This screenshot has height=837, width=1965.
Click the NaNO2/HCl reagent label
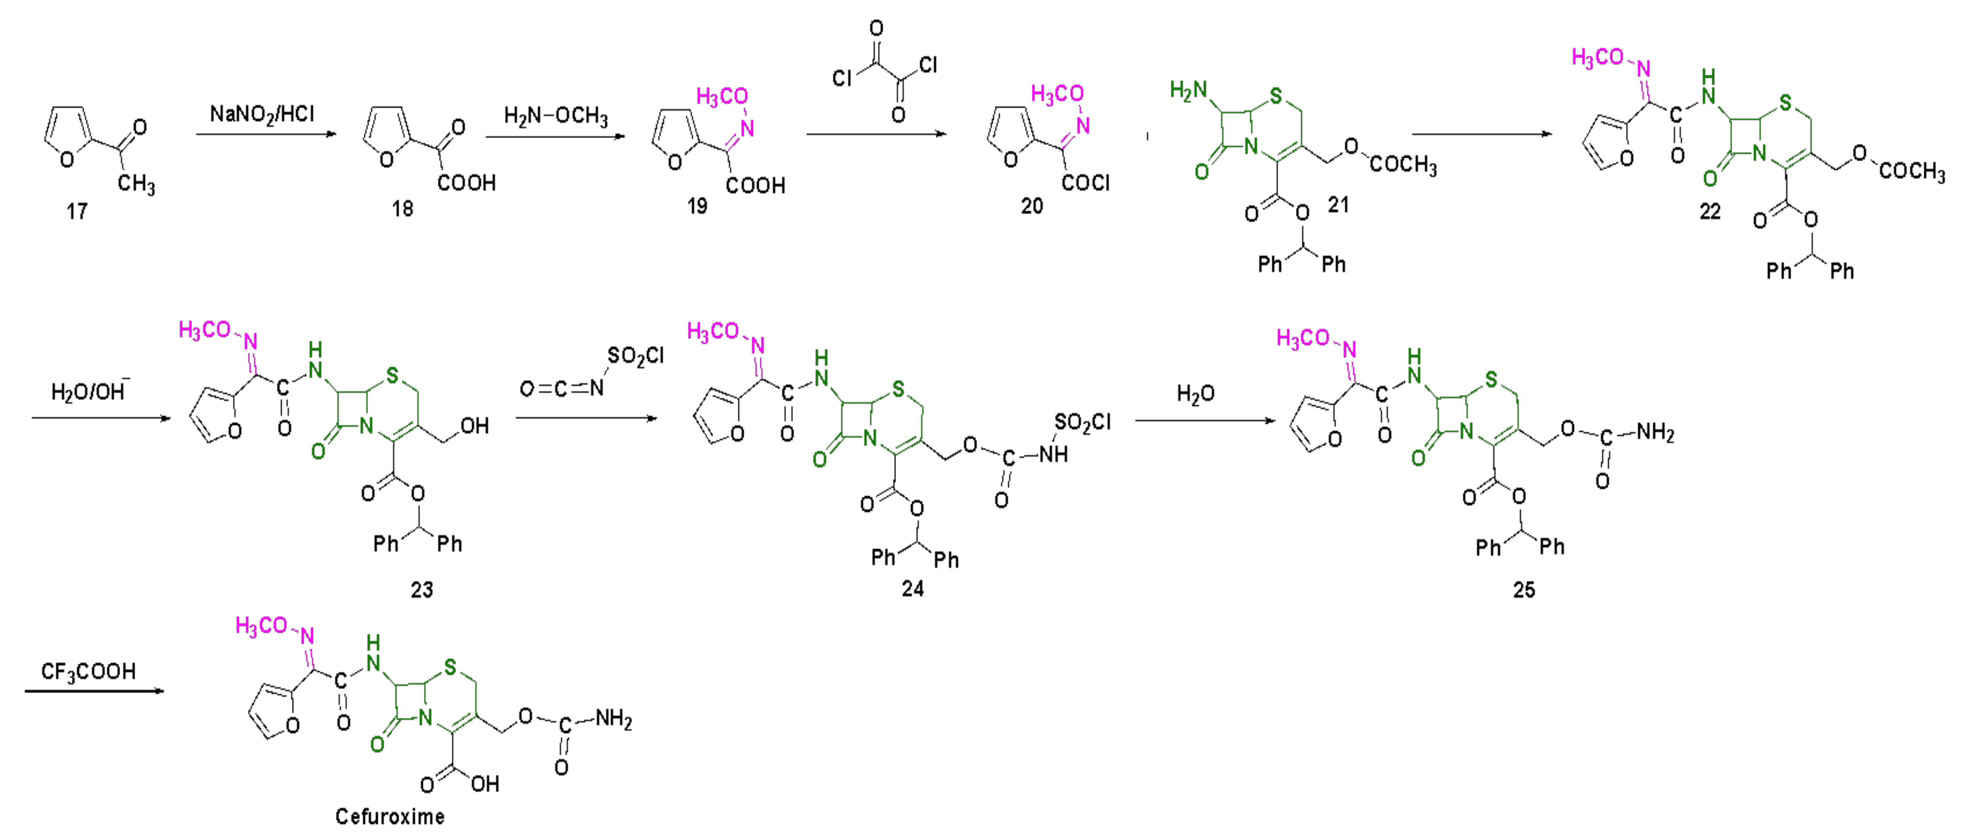262,114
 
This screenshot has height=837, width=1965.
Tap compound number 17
76,211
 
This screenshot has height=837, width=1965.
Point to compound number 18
402,209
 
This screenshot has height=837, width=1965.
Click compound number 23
422,590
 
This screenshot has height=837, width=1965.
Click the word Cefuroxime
390,817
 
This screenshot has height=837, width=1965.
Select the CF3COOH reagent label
88,671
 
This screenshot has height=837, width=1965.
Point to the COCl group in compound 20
1086,183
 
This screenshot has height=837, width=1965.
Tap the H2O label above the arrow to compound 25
1195,394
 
